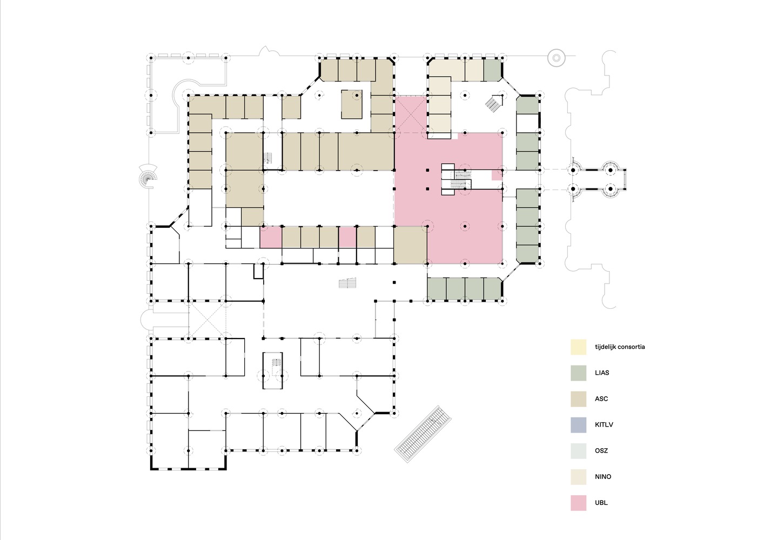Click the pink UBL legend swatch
(x=578, y=503)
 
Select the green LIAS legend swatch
(x=578, y=373)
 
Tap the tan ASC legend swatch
(x=578, y=399)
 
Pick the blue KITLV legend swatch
(x=578, y=424)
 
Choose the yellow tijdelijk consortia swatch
(x=578, y=347)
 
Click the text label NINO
(x=602, y=477)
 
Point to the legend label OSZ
(x=601, y=451)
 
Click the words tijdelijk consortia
(x=619, y=347)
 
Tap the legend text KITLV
(x=604, y=425)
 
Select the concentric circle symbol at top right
(x=556, y=57)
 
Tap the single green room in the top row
(x=491, y=70)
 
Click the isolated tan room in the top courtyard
(x=351, y=104)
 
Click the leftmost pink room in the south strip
(x=271, y=237)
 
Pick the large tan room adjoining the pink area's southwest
(x=410, y=245)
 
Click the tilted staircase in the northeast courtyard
(x=494, y=102)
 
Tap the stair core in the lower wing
(x=273, y=370)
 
